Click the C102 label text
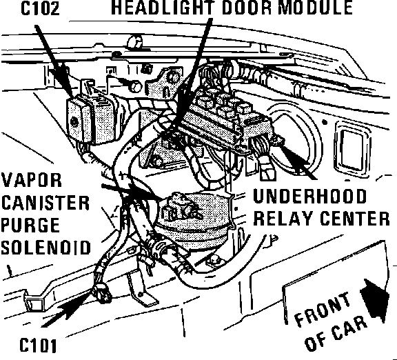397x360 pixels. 40,8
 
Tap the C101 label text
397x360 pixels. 38,345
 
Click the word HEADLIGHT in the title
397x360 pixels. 165,8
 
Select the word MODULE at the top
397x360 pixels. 315,8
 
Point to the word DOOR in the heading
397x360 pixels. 249,8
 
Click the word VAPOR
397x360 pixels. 32,180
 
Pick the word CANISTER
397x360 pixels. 45,203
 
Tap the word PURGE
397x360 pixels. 30,225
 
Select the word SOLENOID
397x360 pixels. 46,248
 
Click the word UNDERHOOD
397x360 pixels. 310,196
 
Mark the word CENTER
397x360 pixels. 354,219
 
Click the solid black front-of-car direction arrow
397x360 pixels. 375,301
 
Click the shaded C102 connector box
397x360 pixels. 91,119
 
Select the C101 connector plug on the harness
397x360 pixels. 102,293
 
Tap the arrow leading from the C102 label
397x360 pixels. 54,61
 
